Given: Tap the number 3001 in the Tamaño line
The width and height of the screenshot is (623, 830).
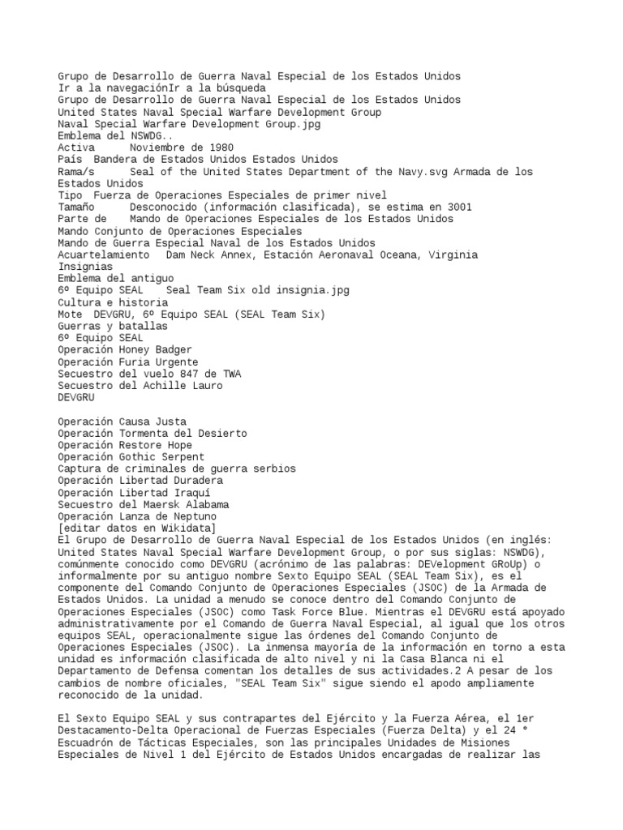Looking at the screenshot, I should (x=458, y=207).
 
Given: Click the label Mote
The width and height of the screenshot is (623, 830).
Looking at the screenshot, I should (x=70, y=314).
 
